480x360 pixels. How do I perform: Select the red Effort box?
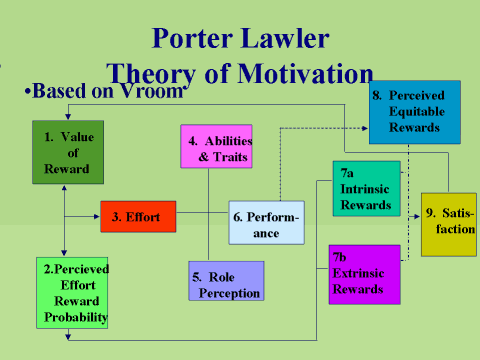[138, 216]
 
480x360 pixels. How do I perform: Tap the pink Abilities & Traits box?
[214, 147]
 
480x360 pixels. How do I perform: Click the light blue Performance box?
[266, 223]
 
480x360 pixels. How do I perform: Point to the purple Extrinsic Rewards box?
[364, 273]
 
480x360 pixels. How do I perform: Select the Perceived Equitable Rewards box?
[414, 113]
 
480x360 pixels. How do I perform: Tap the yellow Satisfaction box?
[448, 223]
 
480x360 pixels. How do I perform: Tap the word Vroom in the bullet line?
[157, 90]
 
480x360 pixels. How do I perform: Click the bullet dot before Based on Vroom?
[27, 91]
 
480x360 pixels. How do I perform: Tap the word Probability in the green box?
[75, 318]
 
